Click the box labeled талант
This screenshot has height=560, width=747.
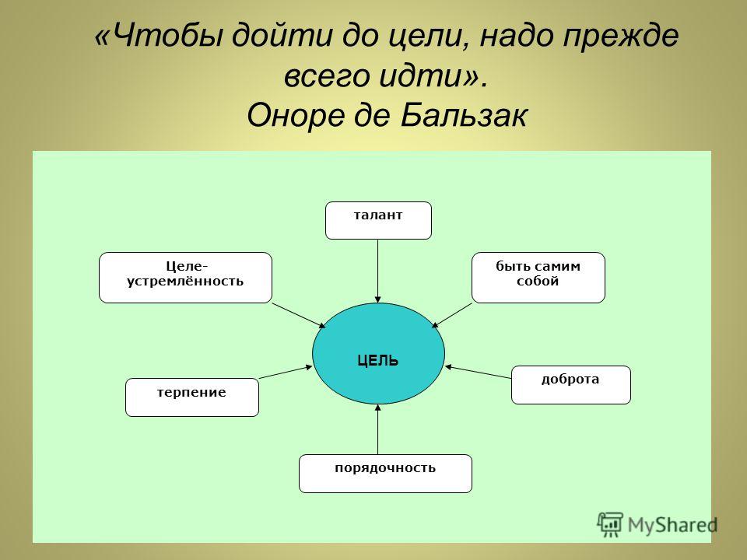[x=378, y=220]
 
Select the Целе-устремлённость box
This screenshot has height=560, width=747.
[x=185, y=278]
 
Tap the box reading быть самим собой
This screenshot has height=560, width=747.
[x=538, y=278]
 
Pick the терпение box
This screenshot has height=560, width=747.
[x=192, y=397]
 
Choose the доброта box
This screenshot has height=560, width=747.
[x=570, y=385]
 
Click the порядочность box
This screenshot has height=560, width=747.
[x=385, y=474]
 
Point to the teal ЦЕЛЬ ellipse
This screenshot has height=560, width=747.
[x=378, y=353]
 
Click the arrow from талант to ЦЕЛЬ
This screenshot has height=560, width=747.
[x=378, y=271]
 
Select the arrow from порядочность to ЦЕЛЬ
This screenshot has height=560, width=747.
[x=378, y=429]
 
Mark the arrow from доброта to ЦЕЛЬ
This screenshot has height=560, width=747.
[x=478, y=372]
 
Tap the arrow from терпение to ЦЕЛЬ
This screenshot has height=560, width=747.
[x=286, y=372]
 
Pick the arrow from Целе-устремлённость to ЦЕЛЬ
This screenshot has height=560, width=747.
[x=299, y=315]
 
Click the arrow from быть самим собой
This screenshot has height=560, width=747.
[x=451, y=315]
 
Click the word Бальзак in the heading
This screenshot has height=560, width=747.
[x=464, y=115]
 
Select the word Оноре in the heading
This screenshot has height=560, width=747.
[x=296, y=115]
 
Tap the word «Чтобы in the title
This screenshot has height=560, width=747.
[x=159, y=37]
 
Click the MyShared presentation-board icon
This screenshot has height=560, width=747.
[x=610, y=525]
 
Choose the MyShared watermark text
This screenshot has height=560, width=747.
[x=672, y=525]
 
